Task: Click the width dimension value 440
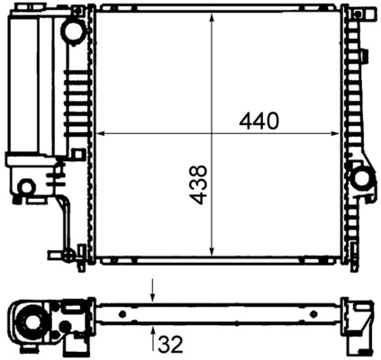click(x=259, y=121)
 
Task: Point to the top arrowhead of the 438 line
click(x=212, y=17)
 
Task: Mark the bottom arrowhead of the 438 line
click(x=212, y=255)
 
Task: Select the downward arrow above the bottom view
click(x=153, y=292)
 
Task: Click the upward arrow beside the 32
click(x=153, y=336)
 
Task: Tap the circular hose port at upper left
click(x=73, y=31)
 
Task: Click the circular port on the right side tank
click(x=363, y=177)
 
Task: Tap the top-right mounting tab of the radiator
click(x=359, y=13)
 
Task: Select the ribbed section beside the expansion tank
click(x=72, y=99)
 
